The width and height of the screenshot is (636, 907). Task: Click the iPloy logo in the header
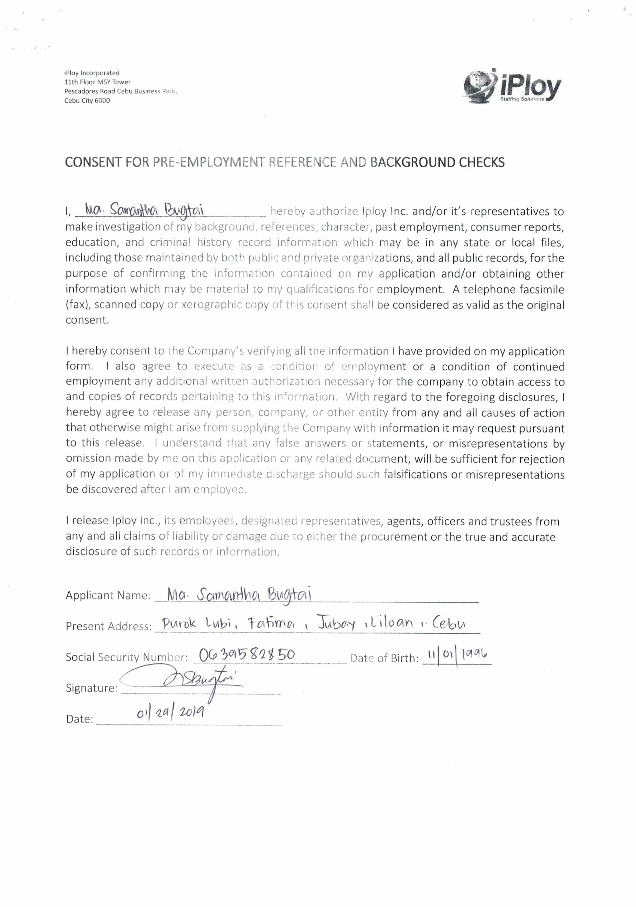(512, 87)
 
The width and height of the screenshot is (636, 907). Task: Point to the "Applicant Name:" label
(108, 595)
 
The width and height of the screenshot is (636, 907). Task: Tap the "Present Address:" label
(109, 626)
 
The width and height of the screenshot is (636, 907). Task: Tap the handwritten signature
(190, 680)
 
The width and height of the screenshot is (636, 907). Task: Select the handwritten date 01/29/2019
(170, 712)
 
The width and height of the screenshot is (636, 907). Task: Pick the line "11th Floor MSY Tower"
(97, 82)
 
